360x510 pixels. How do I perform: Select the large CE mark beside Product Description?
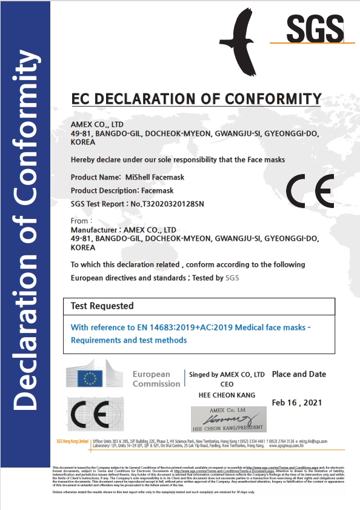(x=310, y=191)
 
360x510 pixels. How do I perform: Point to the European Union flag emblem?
(x=91, y=379)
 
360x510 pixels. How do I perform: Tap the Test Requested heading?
(x=102, y=306)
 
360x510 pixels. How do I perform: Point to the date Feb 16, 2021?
(x=297, y=402)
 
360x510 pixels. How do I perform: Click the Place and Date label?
(x=299, y=374)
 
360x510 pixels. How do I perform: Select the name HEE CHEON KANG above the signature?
(x=227, y=395)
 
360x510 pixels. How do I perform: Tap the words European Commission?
(x=156, y=379)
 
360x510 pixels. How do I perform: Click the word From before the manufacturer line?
(x=80, y=221)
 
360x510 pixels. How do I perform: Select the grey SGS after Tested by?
(x=232, y=278)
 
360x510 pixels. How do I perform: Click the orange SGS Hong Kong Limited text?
(x=72, y=441)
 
